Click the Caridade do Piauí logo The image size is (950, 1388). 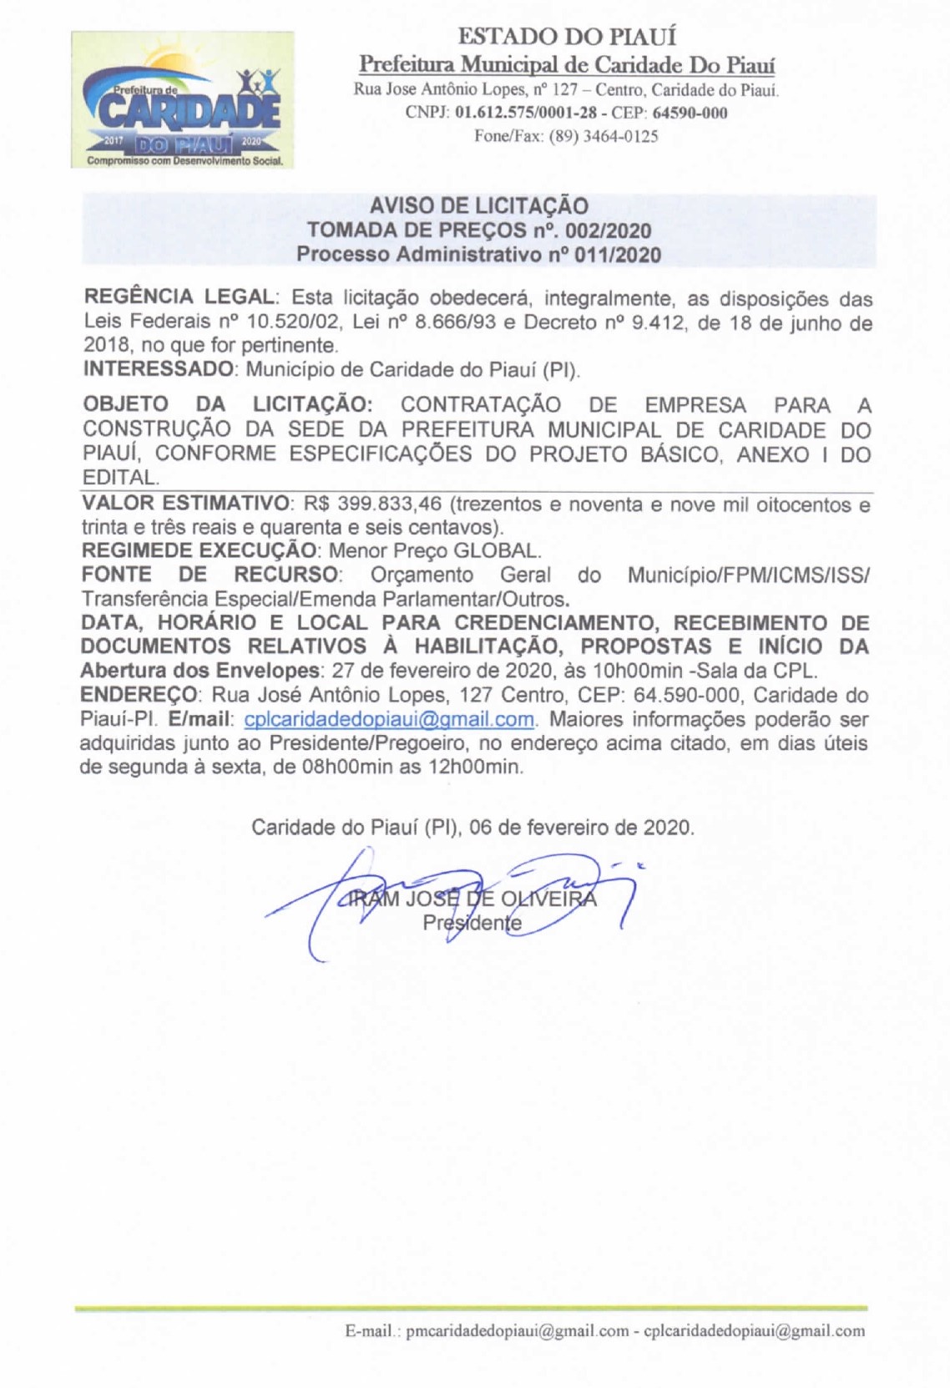(x=183, y=100)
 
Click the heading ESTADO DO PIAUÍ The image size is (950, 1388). (x=567, y=37)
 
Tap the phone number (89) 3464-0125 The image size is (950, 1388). (x=603, y=135)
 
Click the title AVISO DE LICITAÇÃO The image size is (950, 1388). (x=479, y=205)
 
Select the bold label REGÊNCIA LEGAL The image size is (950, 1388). (x=179, y=298)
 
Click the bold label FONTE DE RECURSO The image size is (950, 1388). (x=210, y=575)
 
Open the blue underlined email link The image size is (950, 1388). (x=389, y=719)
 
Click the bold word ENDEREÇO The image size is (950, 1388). (x=139, y=695)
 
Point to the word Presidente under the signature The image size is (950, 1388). (x=472, y=923)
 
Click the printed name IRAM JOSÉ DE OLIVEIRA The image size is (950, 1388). (x=472, y=899)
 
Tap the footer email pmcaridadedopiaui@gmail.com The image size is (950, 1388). (x=517, y=1331)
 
